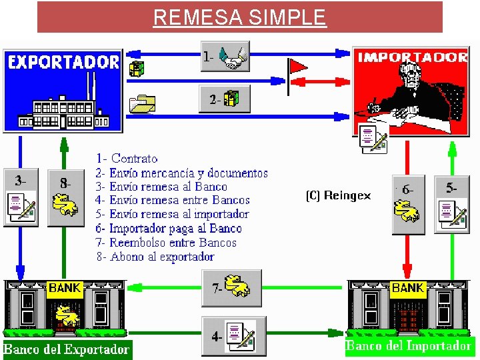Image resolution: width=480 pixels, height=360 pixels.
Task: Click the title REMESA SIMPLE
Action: click(x=239, y=17)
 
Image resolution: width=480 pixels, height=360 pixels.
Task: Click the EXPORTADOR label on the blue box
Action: click(x=63, y=63)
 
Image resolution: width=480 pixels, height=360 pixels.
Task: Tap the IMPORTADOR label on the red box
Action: click(x=413, y=57)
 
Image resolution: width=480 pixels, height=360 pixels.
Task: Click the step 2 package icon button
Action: click(x=231, y=99)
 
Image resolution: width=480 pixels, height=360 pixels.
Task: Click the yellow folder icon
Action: click(x=142, y=103)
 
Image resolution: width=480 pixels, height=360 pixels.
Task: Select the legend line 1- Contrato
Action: click(x=127, y=159)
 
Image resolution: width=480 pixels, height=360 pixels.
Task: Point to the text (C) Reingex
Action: click(x=338, y=195)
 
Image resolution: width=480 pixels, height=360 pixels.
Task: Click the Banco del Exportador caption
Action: click(x=66, y=349)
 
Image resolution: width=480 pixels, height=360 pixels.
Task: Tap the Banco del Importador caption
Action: click(x=408, y=345)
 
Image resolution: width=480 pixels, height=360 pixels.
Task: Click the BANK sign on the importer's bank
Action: click(x=407, y=288)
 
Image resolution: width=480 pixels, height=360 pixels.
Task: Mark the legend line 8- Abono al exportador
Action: click(x=155, y=257)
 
